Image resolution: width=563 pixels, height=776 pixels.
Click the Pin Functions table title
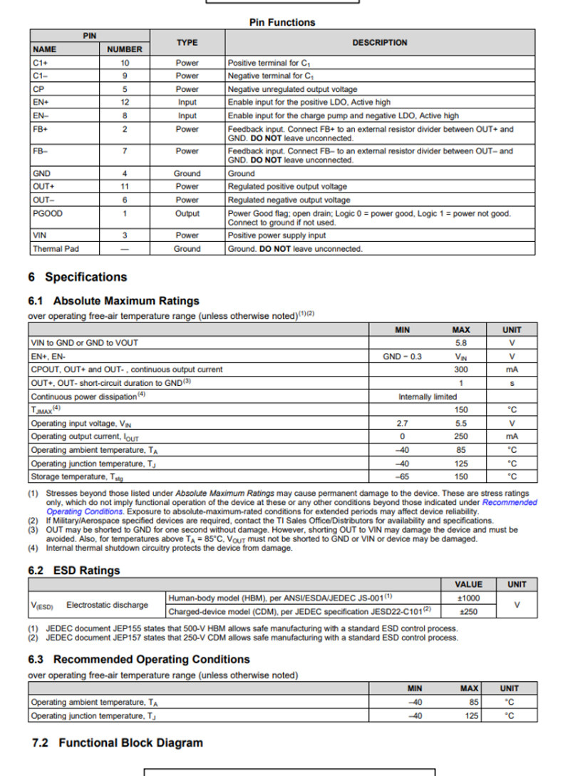point(281,22)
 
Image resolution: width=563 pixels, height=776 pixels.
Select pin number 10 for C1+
point(125,63)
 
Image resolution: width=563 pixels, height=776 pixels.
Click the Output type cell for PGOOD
point(187,213)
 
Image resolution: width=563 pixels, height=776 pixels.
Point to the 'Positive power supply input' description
point(277,235)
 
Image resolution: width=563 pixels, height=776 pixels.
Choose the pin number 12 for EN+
point(125,102)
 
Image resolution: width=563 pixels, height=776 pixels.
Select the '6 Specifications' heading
point(78,277)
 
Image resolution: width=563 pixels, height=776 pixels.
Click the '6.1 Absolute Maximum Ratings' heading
point(113,300)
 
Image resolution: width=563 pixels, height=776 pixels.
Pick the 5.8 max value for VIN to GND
point(461,342)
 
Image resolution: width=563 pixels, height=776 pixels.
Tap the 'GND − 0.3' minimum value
point(402,356)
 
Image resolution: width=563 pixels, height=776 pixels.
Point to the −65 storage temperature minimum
point(402,476)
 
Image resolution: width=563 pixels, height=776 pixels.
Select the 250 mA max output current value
point(461,436)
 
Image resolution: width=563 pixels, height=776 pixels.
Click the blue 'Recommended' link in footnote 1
point(510,502)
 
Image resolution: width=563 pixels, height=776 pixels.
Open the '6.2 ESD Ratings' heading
point(74,571)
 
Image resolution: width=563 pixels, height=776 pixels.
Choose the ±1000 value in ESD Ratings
point(468,598)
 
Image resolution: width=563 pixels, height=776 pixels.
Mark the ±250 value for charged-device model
point(468,611)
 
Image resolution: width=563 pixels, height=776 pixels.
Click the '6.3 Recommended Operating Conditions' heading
point(139,659)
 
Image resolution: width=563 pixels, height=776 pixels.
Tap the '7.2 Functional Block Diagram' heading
point(118,742)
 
